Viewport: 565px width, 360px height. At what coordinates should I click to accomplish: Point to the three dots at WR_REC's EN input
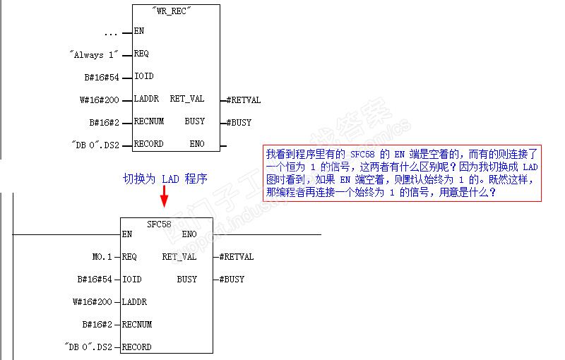[110, 32]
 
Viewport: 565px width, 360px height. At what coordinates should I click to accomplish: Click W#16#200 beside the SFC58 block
[92, 302]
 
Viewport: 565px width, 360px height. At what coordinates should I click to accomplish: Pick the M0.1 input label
[97, 257]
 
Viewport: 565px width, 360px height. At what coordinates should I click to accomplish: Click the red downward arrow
[164, 197]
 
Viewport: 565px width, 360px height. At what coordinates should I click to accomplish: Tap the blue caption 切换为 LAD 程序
[165, 179]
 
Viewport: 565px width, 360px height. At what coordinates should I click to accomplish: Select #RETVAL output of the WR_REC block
[244, 100]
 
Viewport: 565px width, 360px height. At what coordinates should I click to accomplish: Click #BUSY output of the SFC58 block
[232, 280]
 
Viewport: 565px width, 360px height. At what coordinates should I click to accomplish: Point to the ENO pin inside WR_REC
[196, 144]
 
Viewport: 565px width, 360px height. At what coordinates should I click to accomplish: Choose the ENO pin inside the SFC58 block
[189, 234]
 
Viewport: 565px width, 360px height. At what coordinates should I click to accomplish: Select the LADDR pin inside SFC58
[134, 302]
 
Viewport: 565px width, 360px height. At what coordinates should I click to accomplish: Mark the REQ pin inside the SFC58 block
[129, 257]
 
